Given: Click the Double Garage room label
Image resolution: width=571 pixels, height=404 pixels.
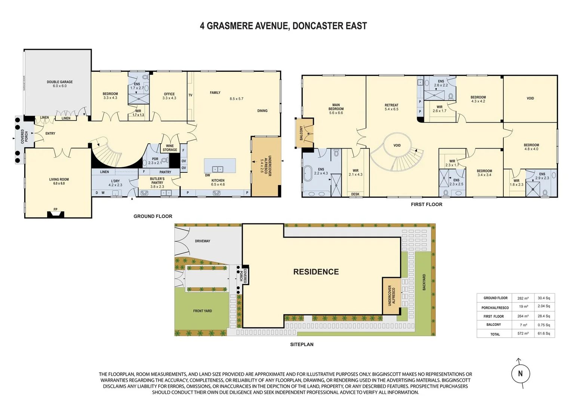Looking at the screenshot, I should click(60, 84).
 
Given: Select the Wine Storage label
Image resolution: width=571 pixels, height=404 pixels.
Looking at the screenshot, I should click(170, 148).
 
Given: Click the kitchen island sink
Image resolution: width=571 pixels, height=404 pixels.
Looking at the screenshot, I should click(218, 169).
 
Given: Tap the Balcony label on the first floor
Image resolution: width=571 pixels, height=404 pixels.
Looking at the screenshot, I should click(301, 133).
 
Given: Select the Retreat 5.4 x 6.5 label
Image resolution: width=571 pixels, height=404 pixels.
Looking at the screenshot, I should click(392, 107).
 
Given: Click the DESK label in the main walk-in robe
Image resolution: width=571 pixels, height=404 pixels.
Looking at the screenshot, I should click(355, 194).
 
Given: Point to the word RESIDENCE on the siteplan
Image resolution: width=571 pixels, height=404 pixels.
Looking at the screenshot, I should click(316, 272).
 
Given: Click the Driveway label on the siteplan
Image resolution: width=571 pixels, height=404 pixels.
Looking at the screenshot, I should click(203, 241).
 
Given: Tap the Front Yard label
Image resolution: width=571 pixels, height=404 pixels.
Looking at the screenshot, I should click(203, 311).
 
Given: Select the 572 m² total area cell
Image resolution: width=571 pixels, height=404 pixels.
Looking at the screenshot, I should click(523, 333).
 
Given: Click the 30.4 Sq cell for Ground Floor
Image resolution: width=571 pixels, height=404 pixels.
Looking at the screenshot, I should click(544, 298).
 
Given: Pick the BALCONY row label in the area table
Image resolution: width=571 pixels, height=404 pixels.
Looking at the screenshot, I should click(494, 325).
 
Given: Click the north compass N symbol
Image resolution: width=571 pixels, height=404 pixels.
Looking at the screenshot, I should click(520, 373).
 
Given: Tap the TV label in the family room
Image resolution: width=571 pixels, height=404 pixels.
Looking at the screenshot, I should click(190, 95).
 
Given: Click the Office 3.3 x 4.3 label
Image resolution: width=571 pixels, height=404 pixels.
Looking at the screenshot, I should click(169, 96).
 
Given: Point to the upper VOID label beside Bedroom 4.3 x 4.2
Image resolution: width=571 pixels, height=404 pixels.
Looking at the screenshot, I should click(530, 98).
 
